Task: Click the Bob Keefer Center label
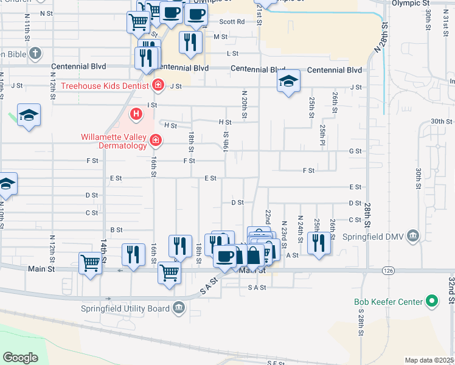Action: pyautogui.click(x=389, y=302)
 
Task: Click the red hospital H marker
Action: pyautogui.click(x=136, y=113)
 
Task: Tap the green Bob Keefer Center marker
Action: pyautogui.click(x=432, y=301)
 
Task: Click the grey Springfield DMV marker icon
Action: pyautogui.click(x=414, y=235)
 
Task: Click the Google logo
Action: pyautogui.click(x=20, y=357)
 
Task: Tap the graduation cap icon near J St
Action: pyautogui.click(x=288, y=81)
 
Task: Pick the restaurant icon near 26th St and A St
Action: pyautogui.click(x=319, y=243)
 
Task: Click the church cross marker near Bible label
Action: pyautogui.click(x=35, y=53)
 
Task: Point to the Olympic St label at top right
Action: pyautogui.click(x=406, y=3)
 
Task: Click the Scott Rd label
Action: pyautogui.click(x=231, y=22)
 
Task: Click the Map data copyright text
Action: pyautogui.click(x=429, y=360)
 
